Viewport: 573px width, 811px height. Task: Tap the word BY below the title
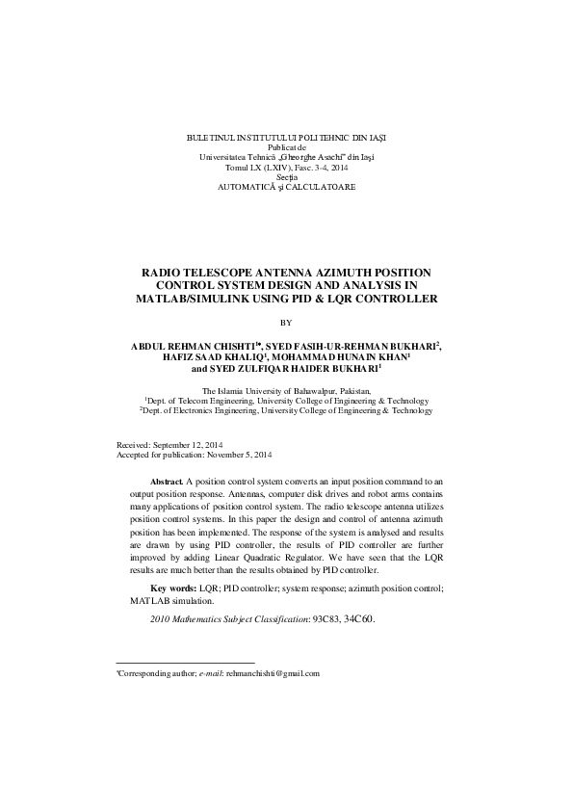[x=286, y=322]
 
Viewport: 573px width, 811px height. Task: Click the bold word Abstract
[x=168, y=480]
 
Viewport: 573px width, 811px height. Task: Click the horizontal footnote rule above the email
[x=185, y=664]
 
